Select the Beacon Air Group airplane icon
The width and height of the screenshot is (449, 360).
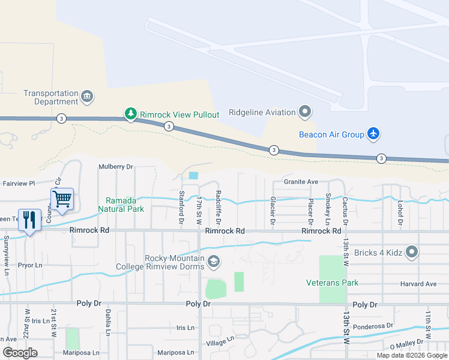pyautogui.click(x=373, y=134)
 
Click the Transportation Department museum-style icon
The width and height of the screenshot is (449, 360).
pyautogui.click(x=87, y=97)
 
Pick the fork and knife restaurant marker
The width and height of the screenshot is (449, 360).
pyautogui.click(x=29, y=218)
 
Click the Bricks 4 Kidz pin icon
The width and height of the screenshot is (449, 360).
pyautogui.click(x=411, y=252)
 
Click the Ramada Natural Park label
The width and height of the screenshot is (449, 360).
pyautogui.click(x=125, y=205)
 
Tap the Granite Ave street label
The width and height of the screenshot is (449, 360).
pyautogui.click(x=301, y=181)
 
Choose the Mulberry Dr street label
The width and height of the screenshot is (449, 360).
pyautogui.click(x=115, y=167)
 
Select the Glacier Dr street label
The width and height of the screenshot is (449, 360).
pyautogui.click(x=273, y=211)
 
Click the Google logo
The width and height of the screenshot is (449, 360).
pyautogui.click(x=20, y=353)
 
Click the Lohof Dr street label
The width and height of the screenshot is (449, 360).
pyautogui.click(x=399, y=214)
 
